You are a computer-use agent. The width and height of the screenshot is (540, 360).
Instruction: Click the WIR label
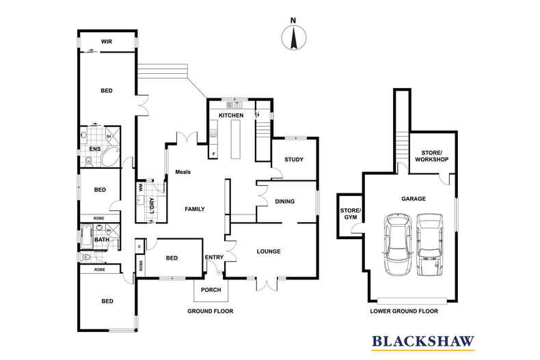107,42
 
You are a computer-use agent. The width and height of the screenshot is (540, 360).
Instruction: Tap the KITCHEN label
231,115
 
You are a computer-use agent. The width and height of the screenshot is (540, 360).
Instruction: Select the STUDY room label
294,159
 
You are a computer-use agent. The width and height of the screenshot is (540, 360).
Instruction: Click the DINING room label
285,202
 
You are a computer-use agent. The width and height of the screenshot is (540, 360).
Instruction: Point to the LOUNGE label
269,251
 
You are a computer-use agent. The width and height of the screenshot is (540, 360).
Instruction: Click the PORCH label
211,290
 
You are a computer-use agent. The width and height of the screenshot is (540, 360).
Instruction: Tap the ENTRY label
214,257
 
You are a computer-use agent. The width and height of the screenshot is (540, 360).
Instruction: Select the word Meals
183,171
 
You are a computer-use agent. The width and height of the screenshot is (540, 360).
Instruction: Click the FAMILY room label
195,209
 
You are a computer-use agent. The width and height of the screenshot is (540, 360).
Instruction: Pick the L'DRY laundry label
152,206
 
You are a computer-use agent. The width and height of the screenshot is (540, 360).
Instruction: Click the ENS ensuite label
95,149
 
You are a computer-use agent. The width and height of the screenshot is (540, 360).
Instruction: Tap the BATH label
102,239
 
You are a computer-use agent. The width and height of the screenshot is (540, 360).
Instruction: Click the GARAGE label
414,199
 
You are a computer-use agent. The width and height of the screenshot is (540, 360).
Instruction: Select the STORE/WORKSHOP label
432,156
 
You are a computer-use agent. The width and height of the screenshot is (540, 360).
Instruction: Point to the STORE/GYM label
350,214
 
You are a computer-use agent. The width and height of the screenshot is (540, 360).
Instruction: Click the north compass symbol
294,37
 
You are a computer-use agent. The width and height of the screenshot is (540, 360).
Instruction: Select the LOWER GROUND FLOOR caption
404,311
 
